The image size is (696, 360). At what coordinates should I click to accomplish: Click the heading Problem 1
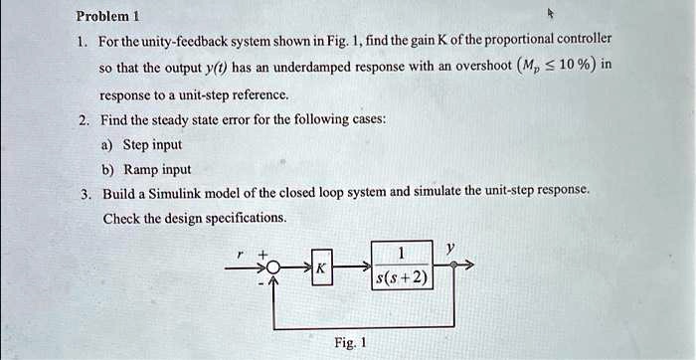tap(108, 16)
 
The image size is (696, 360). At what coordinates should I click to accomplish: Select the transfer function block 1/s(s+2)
tap(401, 266)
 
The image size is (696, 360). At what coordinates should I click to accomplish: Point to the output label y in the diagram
tap(449, 250)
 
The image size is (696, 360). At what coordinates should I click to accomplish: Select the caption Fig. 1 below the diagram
tap(351, 343)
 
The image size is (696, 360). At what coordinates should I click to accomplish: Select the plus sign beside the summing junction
tap(262, 255)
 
